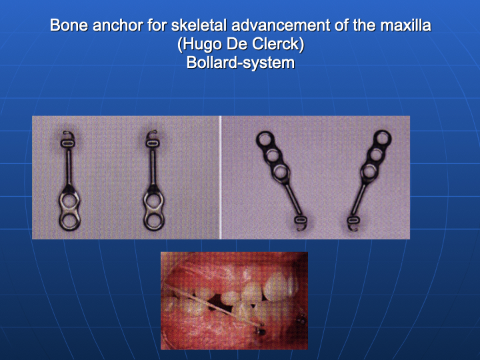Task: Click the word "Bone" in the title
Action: point(69,25)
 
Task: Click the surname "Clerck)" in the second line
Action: point(277,44)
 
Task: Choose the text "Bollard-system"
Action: point(240,63)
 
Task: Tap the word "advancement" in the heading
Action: point(281,25)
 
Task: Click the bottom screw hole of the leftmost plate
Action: point(69,221)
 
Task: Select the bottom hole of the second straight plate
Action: point(154,221)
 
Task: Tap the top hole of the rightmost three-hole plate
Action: point(383,139)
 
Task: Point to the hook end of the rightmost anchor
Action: point(353,228)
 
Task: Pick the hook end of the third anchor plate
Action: point(301,228)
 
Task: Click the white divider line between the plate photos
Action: point(221,177)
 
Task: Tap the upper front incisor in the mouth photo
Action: point(278,285)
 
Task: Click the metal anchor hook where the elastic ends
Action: point(261,330)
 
